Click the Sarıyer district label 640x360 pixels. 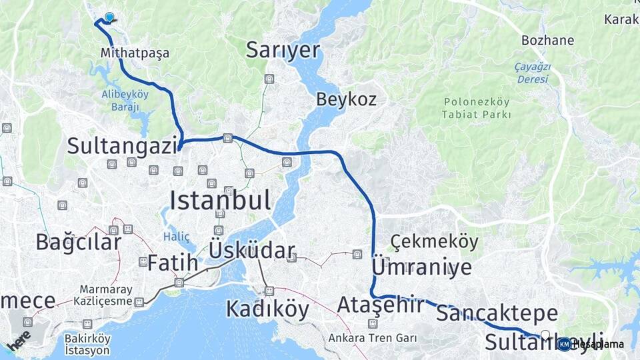283,50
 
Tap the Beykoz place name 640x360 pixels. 346,100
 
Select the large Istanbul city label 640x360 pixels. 220,200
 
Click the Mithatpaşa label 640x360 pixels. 135,53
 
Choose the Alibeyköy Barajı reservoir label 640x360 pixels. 125,101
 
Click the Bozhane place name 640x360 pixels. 547,40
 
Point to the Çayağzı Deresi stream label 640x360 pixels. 531,73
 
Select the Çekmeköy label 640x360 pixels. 434,241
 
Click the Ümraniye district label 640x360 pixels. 421,267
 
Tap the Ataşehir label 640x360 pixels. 380,305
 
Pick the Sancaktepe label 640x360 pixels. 497,313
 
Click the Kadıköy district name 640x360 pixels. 267,309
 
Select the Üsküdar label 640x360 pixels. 251,251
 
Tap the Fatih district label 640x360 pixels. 173,263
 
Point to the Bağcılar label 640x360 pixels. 79,242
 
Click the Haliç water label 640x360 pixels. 177,237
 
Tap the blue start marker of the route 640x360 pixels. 109,18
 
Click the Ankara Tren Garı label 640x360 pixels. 372,338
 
